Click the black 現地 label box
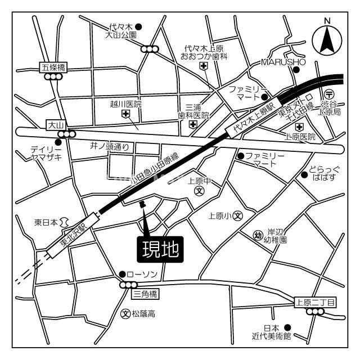tap(160, 248)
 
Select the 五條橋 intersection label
tap(53, 67)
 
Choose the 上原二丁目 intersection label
tap(314, 303)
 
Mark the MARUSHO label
tap(283, 62)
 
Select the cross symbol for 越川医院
tap(125, 114)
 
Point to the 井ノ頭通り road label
tap(110, 147)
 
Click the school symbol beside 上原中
tap(199, 191)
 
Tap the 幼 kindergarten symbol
tap(258, 235)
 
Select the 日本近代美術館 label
tap(271, 332)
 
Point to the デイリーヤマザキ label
tap(46, 154)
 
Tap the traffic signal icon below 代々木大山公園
tap(150, 49)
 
